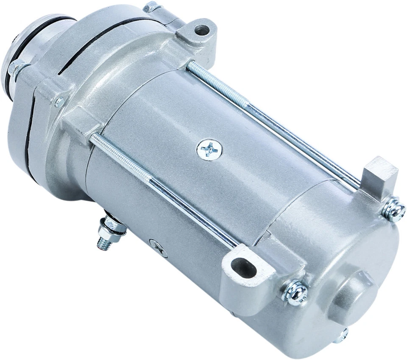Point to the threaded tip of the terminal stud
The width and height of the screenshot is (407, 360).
(x=102, y=243)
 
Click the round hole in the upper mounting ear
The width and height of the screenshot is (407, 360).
(x=201, y=30)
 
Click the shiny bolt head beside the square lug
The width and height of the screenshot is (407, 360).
(x=394, y=209)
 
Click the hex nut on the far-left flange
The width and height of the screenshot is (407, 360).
(x=16, y=68)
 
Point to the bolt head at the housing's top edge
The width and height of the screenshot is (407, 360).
(x=151, y=7)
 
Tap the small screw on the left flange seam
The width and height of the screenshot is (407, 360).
(x=59, y=102)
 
